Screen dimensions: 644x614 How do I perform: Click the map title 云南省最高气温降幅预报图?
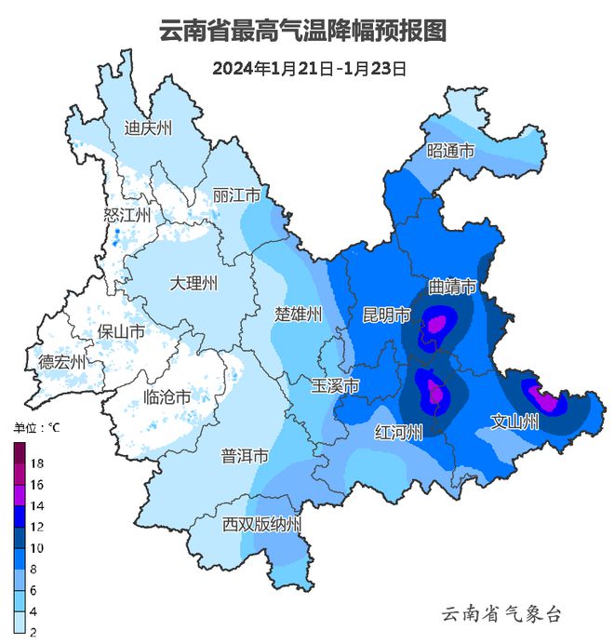303,32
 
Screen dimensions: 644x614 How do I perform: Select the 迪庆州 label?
149,128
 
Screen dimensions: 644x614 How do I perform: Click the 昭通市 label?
450,151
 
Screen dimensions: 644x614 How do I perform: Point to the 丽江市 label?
235,196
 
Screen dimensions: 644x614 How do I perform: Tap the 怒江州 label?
127,215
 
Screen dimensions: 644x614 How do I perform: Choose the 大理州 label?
194,283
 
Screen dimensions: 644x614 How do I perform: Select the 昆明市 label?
385,315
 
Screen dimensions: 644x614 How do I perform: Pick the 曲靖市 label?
453,286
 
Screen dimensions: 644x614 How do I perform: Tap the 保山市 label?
121,331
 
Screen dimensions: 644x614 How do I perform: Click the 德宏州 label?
61,361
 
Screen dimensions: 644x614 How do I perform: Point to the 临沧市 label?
167,398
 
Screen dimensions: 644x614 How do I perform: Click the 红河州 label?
398,433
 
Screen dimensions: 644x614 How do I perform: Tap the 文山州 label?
514,423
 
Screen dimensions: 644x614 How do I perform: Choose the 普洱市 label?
245,456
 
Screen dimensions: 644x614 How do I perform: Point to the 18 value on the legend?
37,463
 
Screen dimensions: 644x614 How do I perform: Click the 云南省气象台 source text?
501,613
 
